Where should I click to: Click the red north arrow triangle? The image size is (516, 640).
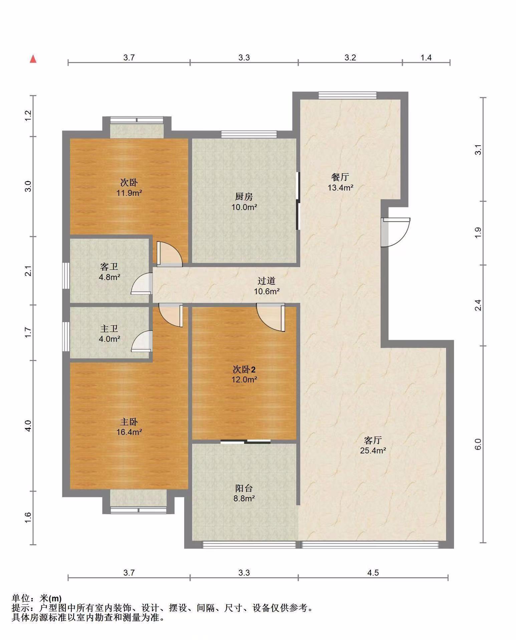tap(33, 59)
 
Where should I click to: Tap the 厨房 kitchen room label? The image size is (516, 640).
tap(244, 196)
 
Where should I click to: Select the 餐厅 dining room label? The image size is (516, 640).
tap(340, 177)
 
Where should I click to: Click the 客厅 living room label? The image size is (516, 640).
tap(373, 440)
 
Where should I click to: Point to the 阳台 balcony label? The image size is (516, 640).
tap(244, 488)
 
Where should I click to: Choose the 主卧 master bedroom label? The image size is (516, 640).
tap(129, 422)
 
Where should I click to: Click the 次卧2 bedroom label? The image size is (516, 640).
tap(244, 369)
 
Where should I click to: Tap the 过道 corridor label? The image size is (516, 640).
tap(266, 281)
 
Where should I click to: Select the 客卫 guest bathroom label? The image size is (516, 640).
tap(109, 267)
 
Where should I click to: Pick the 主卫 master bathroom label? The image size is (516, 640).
tap(109, 329)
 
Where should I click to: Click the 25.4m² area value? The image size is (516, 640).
tap(373, 451)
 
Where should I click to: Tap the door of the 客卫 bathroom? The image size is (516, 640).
tap(142, 284)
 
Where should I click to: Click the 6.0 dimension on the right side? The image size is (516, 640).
tap(478, 444)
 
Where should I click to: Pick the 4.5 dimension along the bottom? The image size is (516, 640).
tap(373, 573)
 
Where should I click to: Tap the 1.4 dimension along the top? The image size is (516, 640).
tap(426, 58)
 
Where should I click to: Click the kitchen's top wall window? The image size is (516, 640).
tap(249, 134)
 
